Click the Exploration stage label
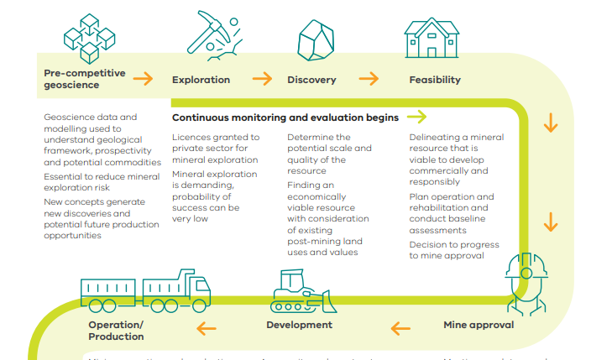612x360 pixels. click(201, 81)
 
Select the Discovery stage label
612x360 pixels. click(311, 81)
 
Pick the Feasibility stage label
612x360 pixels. click(435, 81)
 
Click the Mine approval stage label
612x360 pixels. click(479, 325)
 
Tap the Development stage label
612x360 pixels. click(299, 325)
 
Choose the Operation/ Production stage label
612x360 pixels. click(116, 331)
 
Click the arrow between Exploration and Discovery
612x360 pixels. click(262, 79)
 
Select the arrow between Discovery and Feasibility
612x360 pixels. click(369, 79)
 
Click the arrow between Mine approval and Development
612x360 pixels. click(400, 326)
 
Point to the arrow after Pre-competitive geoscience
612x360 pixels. click(144, 79)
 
